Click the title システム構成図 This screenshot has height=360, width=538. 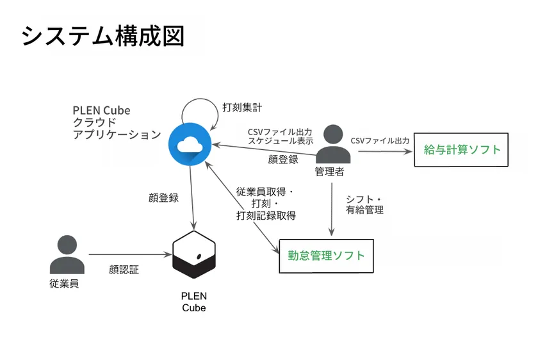[103, 36]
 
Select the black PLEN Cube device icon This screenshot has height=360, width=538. [194, 255]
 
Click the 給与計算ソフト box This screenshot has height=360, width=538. [461, 149]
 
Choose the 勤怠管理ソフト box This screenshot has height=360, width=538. [325, 256]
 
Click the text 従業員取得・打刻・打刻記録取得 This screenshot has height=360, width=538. [265, 204]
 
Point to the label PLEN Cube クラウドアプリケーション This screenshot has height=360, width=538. [115, 122]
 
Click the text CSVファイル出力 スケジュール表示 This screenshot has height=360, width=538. [281, 136]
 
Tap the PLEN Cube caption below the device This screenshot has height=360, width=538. [194, 302]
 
